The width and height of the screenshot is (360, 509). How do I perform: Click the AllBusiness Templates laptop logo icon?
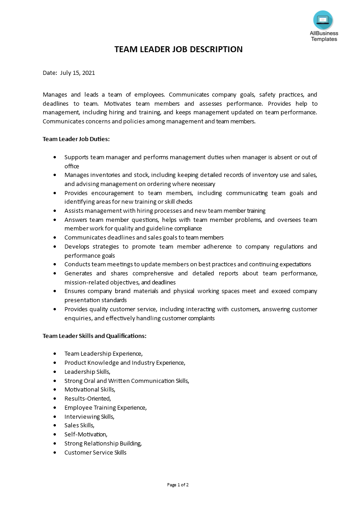[x=323, y=20]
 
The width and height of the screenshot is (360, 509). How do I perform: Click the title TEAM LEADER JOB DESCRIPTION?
[x=178, y=49]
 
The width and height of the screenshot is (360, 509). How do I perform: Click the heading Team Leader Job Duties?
[x=76, y=139]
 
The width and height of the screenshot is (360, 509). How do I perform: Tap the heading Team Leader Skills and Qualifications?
[x=94, y=336]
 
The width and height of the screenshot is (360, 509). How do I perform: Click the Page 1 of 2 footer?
[x=178, y=485]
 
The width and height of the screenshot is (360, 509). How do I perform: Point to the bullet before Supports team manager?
[x=55, y=157]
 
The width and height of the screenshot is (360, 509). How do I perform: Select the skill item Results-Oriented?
[x=88, y=398]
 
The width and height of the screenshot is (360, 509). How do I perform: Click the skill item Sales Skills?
[x=79, y=426]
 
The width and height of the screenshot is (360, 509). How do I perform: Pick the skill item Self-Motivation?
[x=86, y=435]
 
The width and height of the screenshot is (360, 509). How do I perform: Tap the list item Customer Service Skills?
[x=95, y=453]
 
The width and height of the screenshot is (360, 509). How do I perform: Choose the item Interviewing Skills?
[x=89, y=416]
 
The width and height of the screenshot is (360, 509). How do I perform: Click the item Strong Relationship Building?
[x=103, y=444]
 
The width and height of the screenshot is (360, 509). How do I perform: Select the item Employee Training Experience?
[x=105, y=407]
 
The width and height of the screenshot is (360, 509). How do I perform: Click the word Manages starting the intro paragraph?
[x=55, y=95]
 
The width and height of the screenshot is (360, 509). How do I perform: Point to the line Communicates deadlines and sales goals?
[x=144, y=238]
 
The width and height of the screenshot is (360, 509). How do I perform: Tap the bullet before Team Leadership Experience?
[x=55, y=353]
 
